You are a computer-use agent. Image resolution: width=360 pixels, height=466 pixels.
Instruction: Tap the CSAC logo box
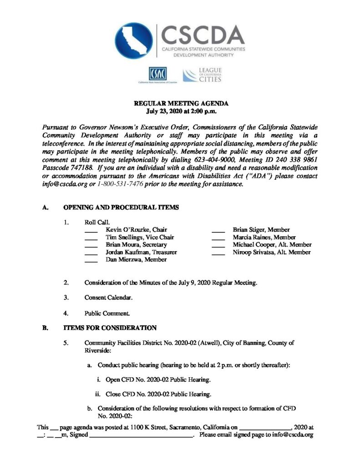pyautogui.click(x=158, y=73)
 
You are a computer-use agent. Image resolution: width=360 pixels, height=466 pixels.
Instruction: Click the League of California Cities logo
pyautogui.click(x=202, y=74)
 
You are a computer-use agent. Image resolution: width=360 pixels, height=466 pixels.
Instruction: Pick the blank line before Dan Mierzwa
pyautogui.click(x=91, y=261)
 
